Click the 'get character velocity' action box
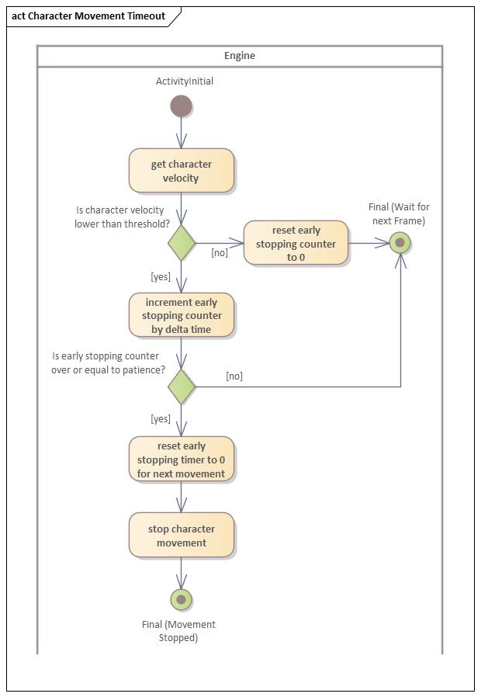click(x=181, y=171)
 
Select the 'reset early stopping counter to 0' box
click(x=296, y=243)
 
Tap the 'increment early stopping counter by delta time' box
click(x=181, y=315)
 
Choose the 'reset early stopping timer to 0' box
click(x=181, y=459)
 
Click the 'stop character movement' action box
click(x=181, y=536)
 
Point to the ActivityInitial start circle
click(x=181, y=106)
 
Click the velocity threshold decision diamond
click(x=181, y=243)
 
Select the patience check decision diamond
click(x=181, y=387)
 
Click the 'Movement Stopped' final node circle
click(x=181, y=600)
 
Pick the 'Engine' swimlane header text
click(x=240, y=56)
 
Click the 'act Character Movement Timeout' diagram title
click(x=88, y=16)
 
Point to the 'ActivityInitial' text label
click(x=185, y=81)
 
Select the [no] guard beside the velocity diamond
click(x=220, y=252)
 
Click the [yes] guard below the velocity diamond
click(x=161, y=276)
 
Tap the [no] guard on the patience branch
click(x=234, y=376)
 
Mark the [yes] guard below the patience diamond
click(x=161, y=419)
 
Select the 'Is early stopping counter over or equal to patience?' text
click(x=109, y=362)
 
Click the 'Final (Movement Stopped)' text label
click(x=179, y=631)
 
